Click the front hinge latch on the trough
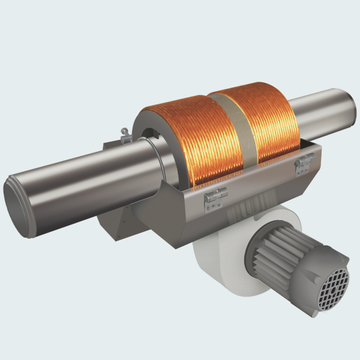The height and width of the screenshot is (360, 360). pyautogui.click(x=215, y=197)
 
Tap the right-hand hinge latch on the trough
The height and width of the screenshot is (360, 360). pyautogui.click(x=304, y=162)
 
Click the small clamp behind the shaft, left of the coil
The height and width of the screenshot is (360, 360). pyautogui.click(x=125, y=136)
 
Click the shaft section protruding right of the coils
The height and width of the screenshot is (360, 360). pyautogui.click(x=324, y=111)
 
